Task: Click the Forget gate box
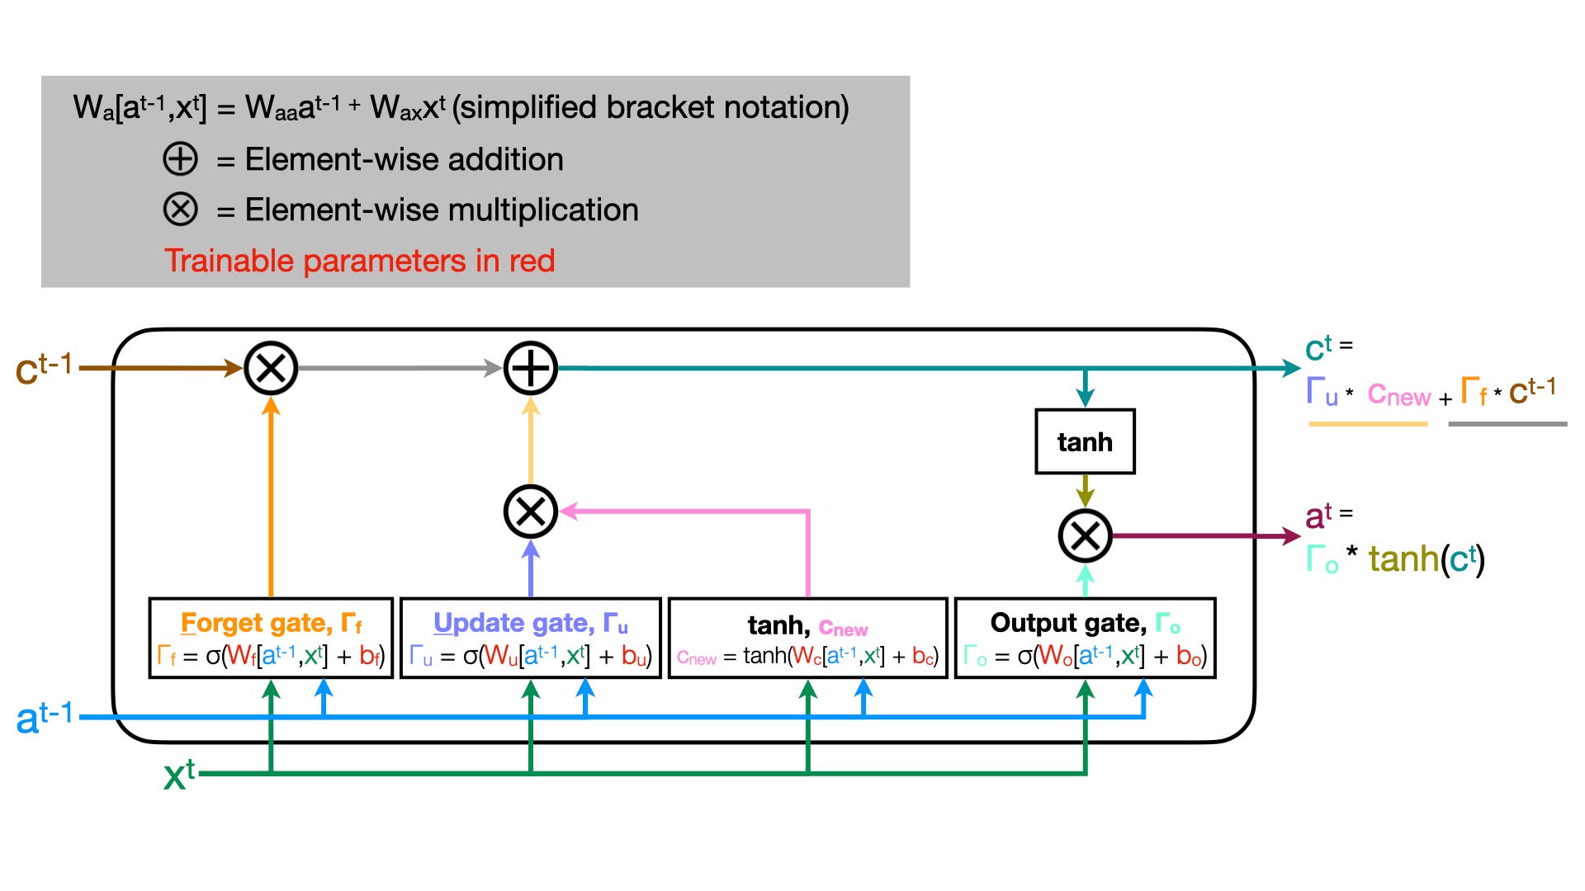(271, 639)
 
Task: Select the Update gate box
(531, 639)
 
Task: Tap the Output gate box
(1085, 639)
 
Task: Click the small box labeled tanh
(1085, 441)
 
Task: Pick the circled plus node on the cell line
(531, 368)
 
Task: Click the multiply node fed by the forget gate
(271, 368)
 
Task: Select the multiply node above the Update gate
(531, 511)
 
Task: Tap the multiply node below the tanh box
(1085, 536)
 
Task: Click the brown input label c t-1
(44, 368)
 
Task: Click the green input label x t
(178, 775)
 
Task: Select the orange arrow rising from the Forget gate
(271, 495)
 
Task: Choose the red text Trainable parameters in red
(359, 261)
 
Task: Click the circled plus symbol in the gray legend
(180, 159)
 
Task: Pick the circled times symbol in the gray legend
(180, 210)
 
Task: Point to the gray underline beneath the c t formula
(1507, 424)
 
